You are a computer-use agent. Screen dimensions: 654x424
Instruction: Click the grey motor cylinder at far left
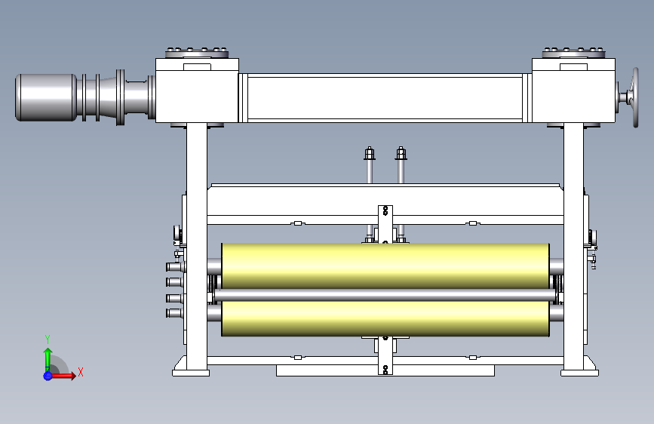[46, 97]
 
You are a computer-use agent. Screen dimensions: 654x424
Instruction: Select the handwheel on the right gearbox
[635, 97]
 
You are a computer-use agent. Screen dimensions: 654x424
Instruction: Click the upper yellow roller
[385, 266]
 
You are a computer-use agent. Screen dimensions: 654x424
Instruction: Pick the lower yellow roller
[385, 318]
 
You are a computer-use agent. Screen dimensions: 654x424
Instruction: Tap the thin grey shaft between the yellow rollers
[385, 295]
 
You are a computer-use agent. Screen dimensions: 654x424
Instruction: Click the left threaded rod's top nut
[369, 153]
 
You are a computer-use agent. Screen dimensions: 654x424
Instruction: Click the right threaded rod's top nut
[401, 153]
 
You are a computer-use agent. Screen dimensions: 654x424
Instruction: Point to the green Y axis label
[48, 340]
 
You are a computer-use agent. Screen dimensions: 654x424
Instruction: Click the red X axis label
[81, 372]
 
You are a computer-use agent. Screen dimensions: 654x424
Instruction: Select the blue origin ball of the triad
[48, 376]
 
